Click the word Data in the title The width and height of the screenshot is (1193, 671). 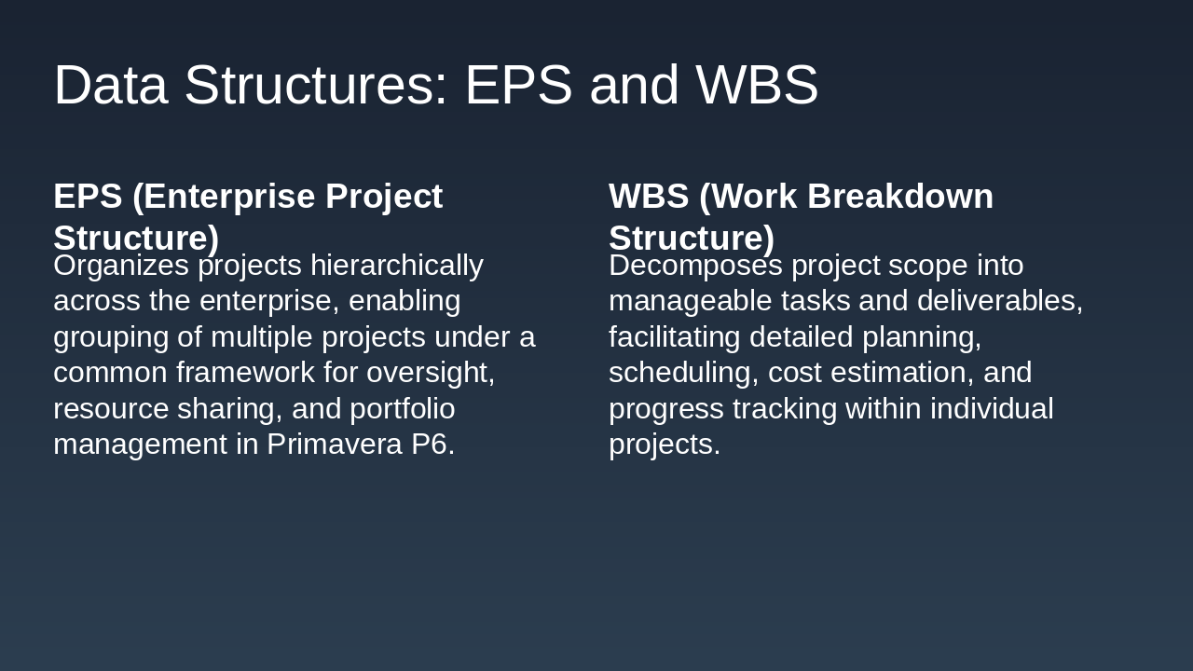coord(111,85)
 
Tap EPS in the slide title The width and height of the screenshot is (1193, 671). coord(519,85)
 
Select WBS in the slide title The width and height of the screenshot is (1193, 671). coord(757,85)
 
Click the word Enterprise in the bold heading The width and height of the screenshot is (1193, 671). coord(229,197)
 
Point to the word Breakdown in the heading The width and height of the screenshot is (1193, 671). coord(900,196)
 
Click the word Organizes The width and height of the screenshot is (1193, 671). coord(121,267)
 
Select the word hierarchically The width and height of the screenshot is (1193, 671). coord(397,267)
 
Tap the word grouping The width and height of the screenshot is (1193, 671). coord(111,338)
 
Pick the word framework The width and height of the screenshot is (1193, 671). coord(245,372)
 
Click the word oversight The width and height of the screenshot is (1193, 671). coord(431,373)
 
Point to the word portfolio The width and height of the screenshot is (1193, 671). coord(402,409)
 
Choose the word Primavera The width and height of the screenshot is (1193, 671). coord(335,445)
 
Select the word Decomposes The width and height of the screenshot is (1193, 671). coord(695,267)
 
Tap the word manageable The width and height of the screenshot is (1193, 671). coord(691,301)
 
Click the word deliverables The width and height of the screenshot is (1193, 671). coord(1000,301)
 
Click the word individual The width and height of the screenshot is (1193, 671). coord(992,408)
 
